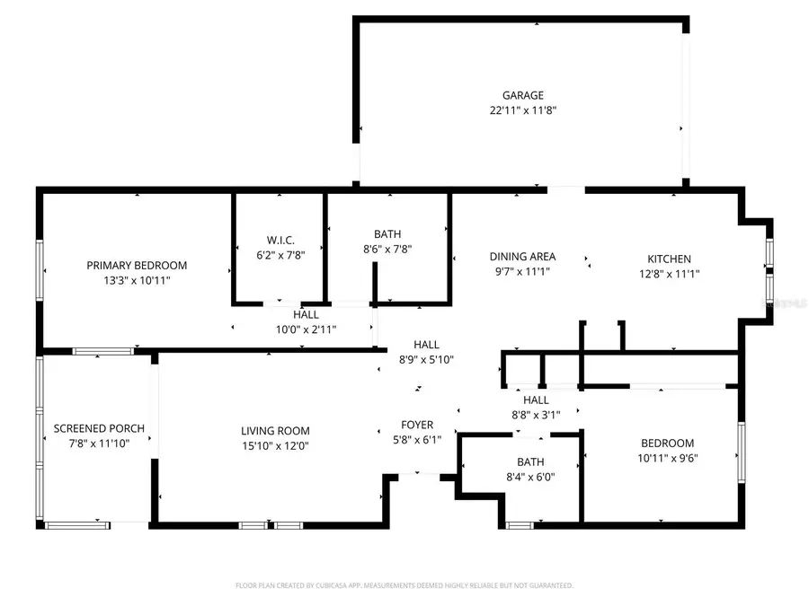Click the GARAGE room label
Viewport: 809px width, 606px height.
tap(522, 95)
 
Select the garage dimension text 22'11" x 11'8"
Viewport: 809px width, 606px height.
tap(522, 110)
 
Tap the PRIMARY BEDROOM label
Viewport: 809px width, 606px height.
tap(137, 265)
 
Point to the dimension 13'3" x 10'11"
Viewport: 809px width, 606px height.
tap(137, 280)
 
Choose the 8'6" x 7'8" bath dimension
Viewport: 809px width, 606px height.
tap(387, 250)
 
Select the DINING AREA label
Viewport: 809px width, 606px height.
tap(522, 257)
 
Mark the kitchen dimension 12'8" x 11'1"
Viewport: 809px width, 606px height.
tap(670, 274)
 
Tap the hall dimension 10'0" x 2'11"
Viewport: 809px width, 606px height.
tap(306, 329)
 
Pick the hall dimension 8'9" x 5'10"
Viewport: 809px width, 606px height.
tap(426, 359)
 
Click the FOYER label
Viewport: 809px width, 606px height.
tap(417, 425)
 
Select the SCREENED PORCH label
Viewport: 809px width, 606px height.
tap(99, 428)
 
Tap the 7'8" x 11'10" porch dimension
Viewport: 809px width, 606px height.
tap(99, 443)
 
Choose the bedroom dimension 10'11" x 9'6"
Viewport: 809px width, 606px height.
tap(667, 458)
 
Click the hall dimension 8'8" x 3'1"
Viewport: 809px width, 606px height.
tap(536, 415)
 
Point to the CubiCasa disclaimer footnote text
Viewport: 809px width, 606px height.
tap(404, 585)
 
